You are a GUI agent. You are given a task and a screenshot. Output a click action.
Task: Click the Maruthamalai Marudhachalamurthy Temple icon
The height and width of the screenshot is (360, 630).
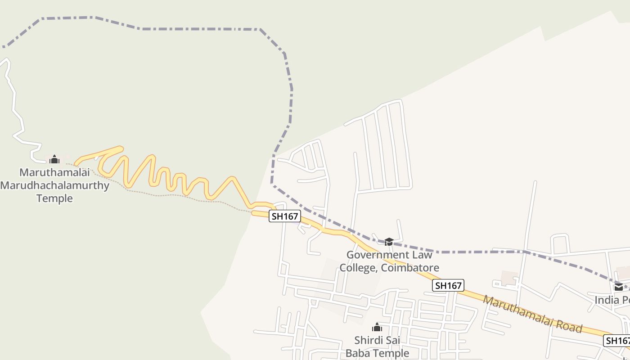pos(54,159)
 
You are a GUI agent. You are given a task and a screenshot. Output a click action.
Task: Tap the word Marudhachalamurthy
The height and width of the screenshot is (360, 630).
pos(55,185)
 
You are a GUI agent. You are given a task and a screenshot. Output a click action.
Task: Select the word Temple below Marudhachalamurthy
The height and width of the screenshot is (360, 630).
pos(54,198)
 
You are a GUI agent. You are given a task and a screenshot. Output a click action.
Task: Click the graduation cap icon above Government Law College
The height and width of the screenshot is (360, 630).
pos(389,242)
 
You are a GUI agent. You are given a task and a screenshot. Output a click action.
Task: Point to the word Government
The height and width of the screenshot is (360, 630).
pos(372,255)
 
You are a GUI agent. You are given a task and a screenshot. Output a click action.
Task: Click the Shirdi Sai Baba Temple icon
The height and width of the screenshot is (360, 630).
pos(377,327)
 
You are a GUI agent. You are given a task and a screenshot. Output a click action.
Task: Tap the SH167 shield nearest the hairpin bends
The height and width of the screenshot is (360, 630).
pos(285,216)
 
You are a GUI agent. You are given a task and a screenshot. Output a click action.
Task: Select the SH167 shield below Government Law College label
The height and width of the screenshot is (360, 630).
pos(448,285)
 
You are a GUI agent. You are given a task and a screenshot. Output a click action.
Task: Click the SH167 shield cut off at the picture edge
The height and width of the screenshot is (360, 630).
pos(617,341)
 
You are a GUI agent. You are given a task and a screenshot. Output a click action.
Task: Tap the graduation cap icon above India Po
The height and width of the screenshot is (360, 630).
pos(619,287)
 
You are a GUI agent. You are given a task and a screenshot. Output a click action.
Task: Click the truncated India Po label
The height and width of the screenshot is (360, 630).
pos(612,300)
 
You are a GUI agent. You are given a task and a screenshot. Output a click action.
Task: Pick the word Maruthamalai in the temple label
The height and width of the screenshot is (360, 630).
pos(54,172)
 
